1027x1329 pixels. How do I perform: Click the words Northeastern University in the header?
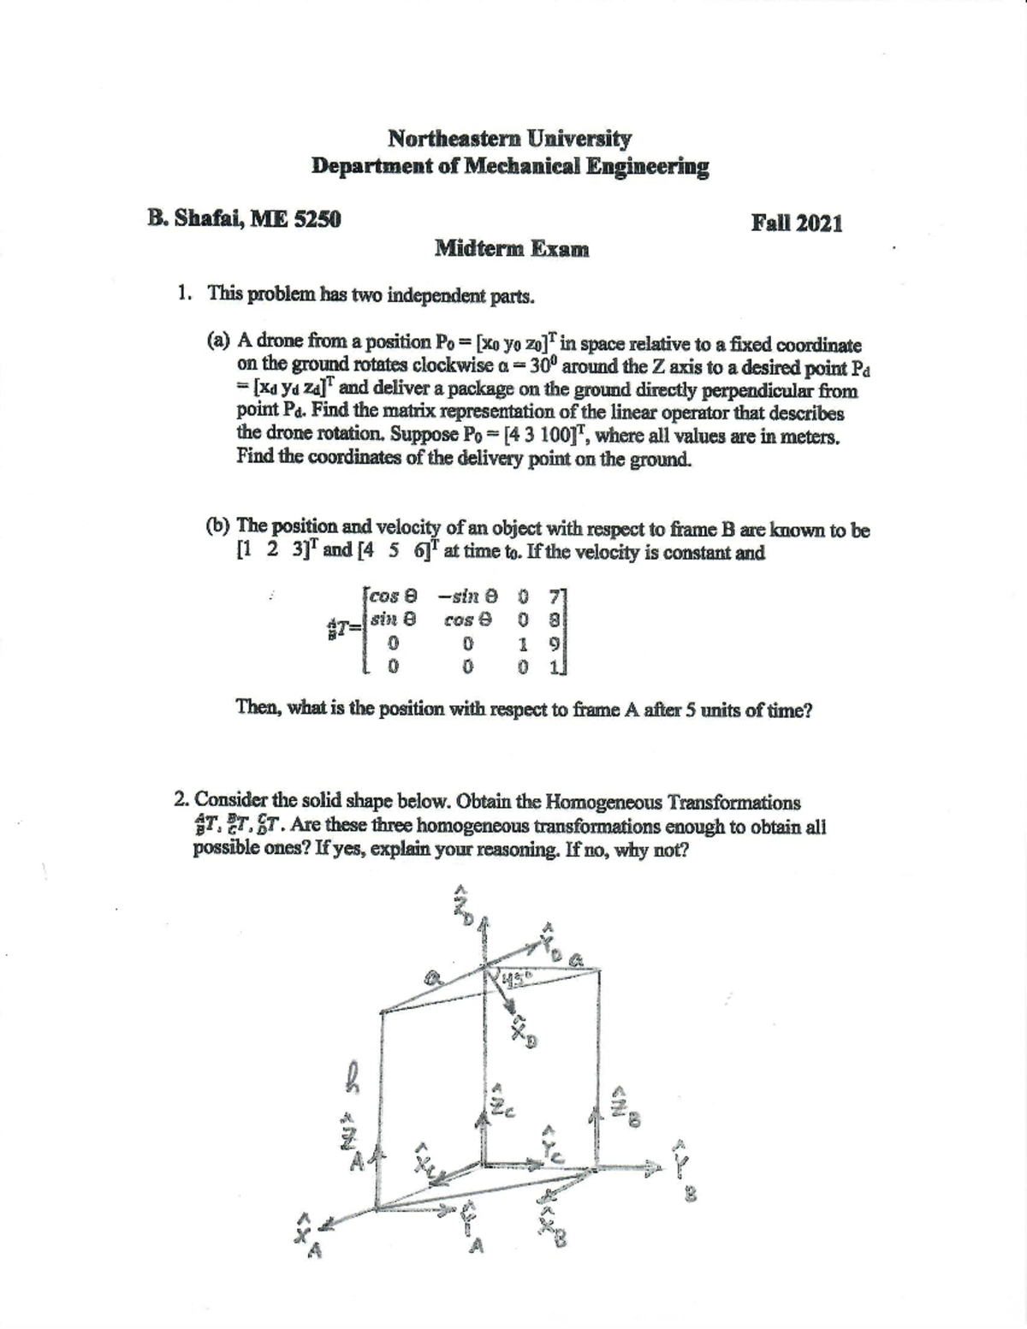509,139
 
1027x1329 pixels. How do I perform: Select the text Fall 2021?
796,224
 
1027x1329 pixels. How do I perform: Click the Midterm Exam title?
512,250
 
